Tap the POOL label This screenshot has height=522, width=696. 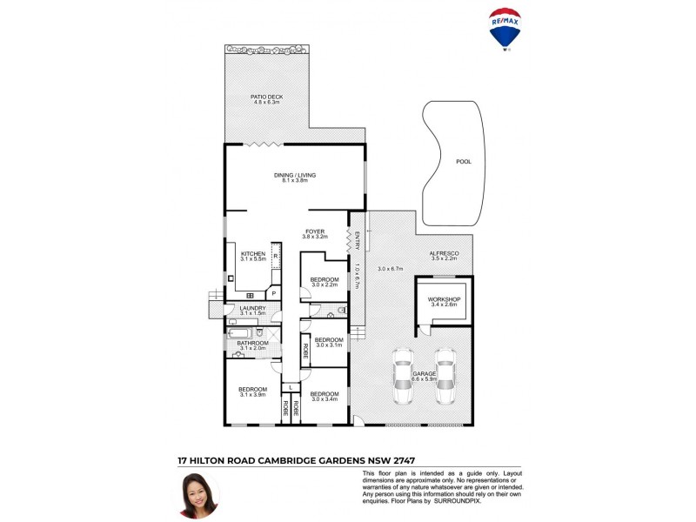(x=464, y=162)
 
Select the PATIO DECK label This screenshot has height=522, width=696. (x=267, y=97)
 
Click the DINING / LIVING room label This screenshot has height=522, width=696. (x=295, y=175)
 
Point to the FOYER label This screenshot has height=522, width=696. (x=314, y=231)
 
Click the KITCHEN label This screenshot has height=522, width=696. (x=253, y=254)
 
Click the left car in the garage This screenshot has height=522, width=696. (x=403, y=376)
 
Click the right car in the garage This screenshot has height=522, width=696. (x=445, y=376)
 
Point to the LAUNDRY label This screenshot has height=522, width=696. (x=240, y=307)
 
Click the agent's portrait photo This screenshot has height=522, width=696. (x=198, y=494)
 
